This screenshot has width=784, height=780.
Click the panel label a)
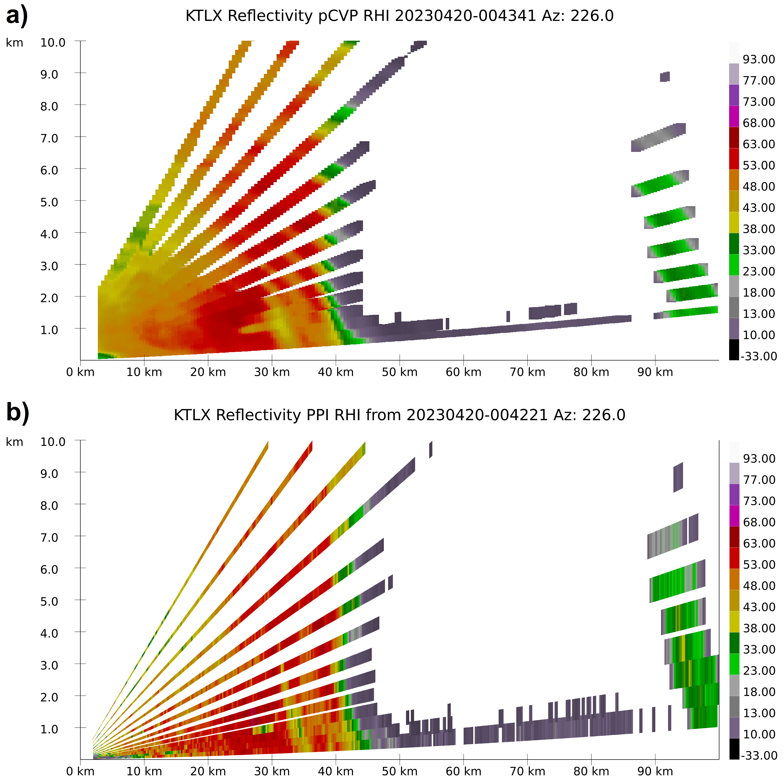[17, 16]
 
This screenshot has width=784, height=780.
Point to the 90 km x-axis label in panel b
[655, 771]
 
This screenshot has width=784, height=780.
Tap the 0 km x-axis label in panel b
[80, 771]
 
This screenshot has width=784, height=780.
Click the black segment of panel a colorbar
[734, 349]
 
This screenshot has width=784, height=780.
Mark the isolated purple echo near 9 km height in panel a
[665, 77]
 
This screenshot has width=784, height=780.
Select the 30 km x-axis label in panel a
[272, 372]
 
